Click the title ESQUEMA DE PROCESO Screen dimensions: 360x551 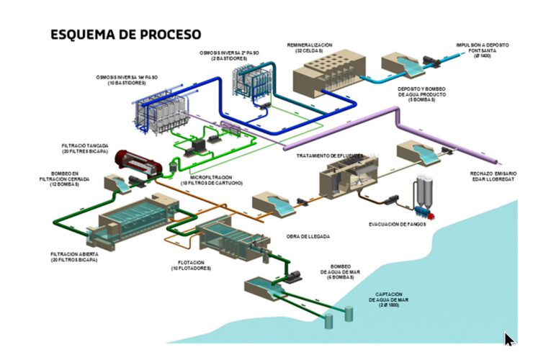pyautogui.click(x=125, y=33)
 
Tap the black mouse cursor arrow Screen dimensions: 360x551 pyautogui.click(x=509, y=339)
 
